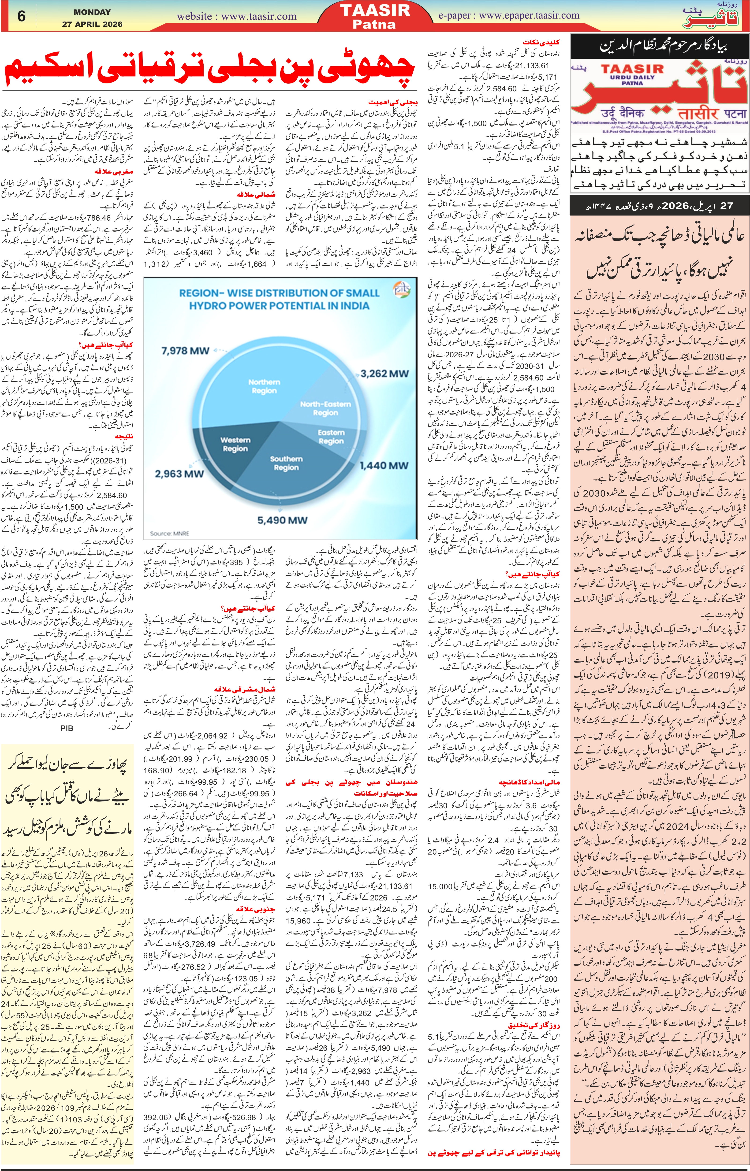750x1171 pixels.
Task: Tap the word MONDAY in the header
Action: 92,12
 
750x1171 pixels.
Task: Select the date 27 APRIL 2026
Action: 92,24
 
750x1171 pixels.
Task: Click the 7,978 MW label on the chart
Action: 185,350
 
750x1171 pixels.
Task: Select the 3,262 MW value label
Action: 384,373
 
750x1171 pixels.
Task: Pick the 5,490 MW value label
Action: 283,520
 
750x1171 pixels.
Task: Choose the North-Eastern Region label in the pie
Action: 325,408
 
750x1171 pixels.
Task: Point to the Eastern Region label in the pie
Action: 331,437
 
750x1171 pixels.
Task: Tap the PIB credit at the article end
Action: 66,728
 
